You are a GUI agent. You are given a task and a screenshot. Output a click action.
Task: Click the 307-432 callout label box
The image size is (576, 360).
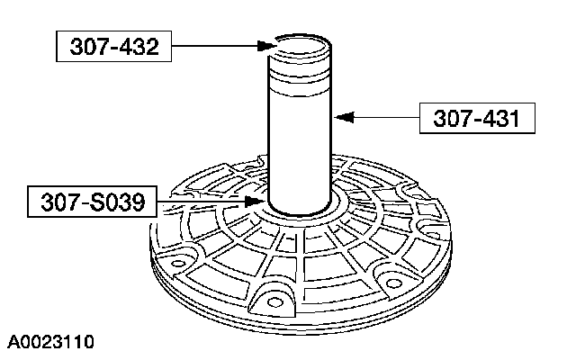113,46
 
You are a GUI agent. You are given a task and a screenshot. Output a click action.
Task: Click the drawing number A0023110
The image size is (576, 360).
51,342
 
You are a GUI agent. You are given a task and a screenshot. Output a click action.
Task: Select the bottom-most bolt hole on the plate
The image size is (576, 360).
270,303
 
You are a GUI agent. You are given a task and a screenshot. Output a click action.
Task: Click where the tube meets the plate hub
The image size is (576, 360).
301,209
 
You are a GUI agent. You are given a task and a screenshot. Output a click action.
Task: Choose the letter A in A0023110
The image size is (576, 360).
14,342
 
